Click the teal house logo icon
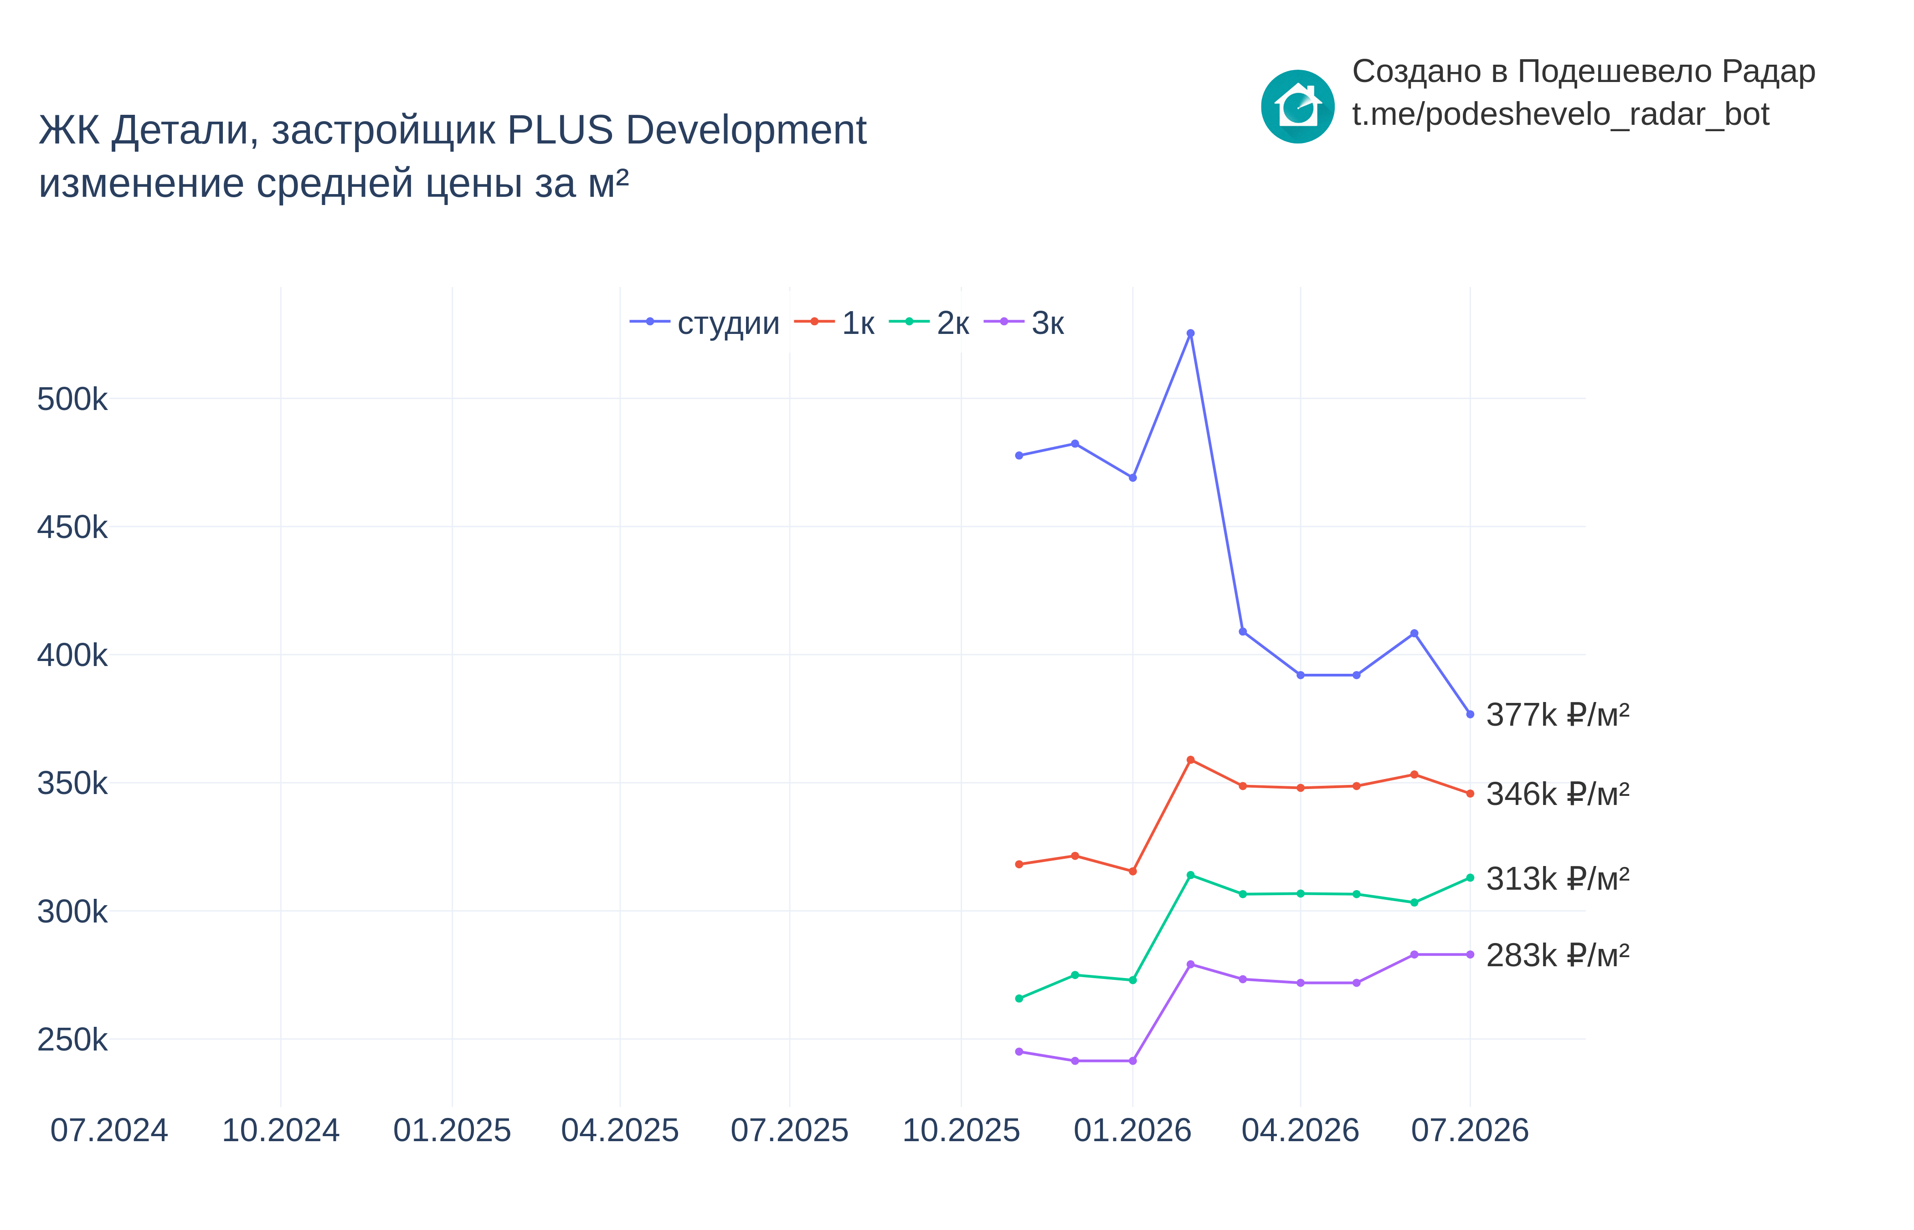(1297, 106)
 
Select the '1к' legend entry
(834, 323)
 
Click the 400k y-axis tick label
(72, 656)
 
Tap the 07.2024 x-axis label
(109, 1130)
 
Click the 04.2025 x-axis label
(620, 1130)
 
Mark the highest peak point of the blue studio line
(1190, 333)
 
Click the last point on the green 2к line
(1470, 878)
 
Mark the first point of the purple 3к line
(1019, 1052)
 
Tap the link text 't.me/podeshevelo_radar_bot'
(1560, 114)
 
